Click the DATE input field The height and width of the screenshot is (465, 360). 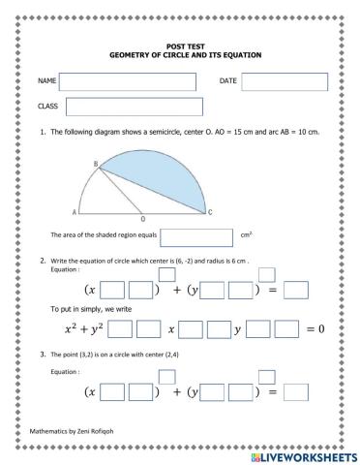[285, 81]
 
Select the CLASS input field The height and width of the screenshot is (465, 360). [134, 107]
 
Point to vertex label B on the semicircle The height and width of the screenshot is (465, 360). [96, 166]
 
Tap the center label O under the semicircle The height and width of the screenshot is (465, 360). [143, 220]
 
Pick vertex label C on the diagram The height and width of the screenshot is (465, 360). [211, 212]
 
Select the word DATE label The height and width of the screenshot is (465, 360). [228, 80]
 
